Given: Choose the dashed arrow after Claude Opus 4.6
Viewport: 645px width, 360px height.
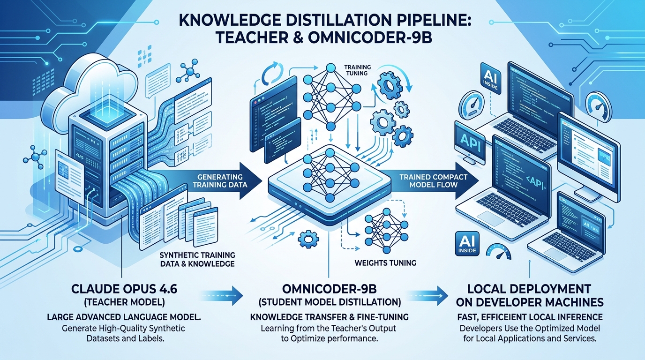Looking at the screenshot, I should click(225, 296).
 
